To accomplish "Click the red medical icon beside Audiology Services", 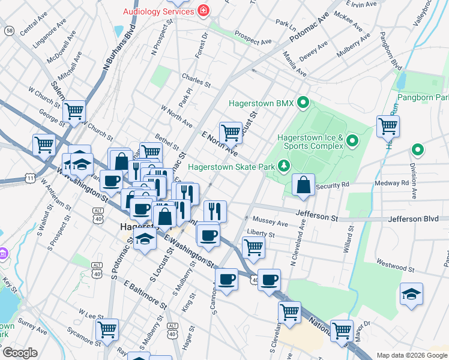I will pyautogui.click(x=203, y=11).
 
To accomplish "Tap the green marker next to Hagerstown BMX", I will pyautogui.click(x=304, y=103).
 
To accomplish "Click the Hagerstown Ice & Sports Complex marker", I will pyautogui.click(x=352, y=142).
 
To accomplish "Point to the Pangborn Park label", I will pyautogui.click(x=424, y=97).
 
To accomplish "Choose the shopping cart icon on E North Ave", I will pyautogui.click(x=231, y=132).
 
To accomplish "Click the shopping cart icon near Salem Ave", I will pyautogui.click(x=74, y=110).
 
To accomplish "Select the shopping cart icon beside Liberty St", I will pyautogui.click(x=253, y=246).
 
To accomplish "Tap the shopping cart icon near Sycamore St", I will pyautogui.click(x=107, y=329).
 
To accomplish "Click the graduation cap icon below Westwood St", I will pyautogui.click(x=411, y=294).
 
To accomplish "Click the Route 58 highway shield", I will pyautogui.click(x=9, y=30).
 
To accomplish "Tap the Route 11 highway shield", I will pyautogui.click(x=29, y=178).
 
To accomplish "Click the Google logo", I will pyautogui.click(x=21, y=352).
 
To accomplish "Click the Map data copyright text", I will pyautogui.click(x=411, y=355).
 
